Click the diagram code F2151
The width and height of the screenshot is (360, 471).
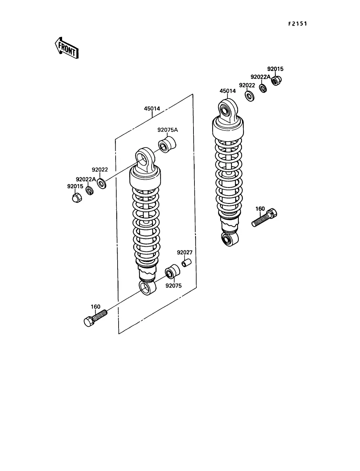point(298,24)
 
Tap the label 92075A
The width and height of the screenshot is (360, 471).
point(168,130)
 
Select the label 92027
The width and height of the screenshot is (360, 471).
point(185,252)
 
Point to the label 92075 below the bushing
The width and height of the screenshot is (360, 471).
point(173,286)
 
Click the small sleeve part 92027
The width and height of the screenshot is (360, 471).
point(187,263)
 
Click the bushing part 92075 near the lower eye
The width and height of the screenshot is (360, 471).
point(172,272)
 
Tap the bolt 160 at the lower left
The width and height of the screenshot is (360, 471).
point(95,319)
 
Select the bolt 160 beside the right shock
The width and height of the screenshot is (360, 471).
point(264,217)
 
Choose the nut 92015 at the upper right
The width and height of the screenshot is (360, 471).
point(276,80)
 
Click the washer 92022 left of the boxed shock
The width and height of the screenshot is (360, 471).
point(101,184)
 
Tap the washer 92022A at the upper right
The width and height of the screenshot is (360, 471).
point(263,88)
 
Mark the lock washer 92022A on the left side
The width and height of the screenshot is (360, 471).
point(89,191)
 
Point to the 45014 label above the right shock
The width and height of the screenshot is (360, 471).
point(227,91)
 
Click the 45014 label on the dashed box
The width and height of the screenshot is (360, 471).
point(152,109)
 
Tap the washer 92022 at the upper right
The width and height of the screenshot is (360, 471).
point(250,96)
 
